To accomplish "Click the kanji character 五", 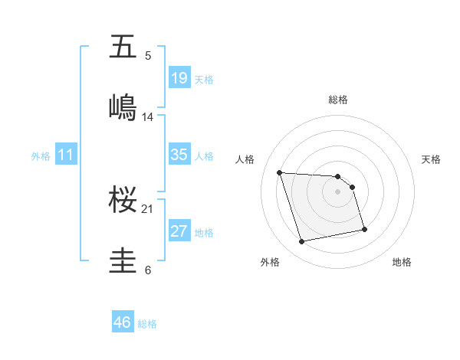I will click(x=123, y=47).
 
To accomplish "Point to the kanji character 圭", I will click(x=123, y=260).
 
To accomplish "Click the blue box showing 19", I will click(x=179, y=77).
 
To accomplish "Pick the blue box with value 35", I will click(x=179, y=154).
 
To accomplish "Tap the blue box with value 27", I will click(x=179, y=231).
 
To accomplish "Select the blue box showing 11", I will click(x=66, y=154).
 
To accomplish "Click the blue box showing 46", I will click(x=123, y=322).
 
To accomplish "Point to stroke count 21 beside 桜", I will click(x=147, y=208).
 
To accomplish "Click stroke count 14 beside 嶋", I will click(x=147, y=117).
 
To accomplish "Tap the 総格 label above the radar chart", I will click(x=338, y=100).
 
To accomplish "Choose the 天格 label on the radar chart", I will click(x=432, y=159).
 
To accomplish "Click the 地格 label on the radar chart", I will click(x=402, y=262).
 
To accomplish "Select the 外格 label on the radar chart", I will click(x=270, y=262).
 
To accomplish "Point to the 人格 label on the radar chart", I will click(x=245, y=159).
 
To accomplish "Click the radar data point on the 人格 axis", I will click(x=280, y=172).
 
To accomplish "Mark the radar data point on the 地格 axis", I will click(x=364, y=229).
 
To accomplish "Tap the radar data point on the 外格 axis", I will click(x=302, y=242).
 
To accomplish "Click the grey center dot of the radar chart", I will click(x=338, y=191).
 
